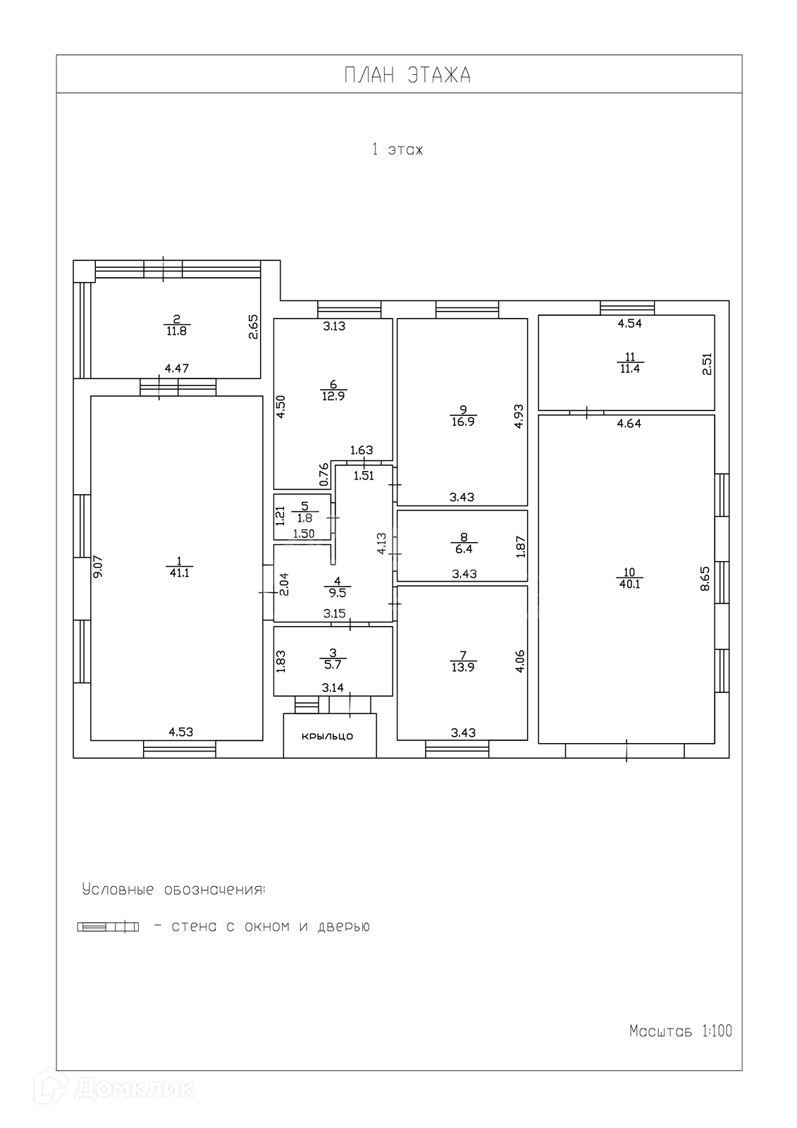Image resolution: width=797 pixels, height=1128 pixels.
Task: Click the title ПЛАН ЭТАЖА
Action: click(x=407, y=75)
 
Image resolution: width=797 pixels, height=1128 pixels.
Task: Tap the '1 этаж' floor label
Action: click(x=397, y=149)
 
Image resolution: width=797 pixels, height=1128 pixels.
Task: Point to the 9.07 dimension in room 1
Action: click(x=98, y=567)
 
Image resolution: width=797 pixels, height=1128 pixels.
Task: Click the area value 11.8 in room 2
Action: click(x=176, y=330)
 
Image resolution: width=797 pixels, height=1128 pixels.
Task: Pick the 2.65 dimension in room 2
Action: click(x=254, y=327)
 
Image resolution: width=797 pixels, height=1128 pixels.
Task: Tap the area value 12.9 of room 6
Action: click(x=333, y=396)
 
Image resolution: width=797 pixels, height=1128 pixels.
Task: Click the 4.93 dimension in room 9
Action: click(x=518, y=416)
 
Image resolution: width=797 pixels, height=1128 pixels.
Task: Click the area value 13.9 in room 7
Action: click(x=462, y=667)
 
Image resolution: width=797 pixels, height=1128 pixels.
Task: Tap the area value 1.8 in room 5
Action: click(x=304, y=518)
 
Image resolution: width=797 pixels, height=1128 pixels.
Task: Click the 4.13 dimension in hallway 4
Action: click(x=381, y=543)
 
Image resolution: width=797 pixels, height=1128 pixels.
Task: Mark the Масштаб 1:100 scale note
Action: click(x=680, y=1031)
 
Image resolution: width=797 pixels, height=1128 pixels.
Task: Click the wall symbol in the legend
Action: click(x=108, y=927)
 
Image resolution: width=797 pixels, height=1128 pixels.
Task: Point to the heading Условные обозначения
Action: click(x=173, y=889)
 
